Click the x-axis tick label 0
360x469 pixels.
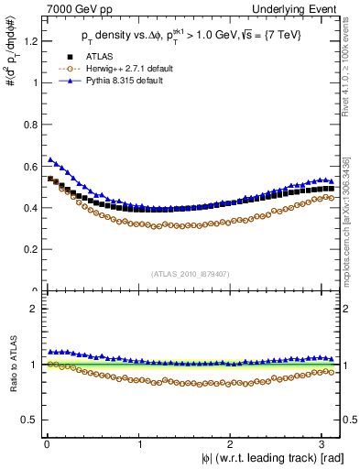coord(46,445)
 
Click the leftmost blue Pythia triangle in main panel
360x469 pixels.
coord(51,158)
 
